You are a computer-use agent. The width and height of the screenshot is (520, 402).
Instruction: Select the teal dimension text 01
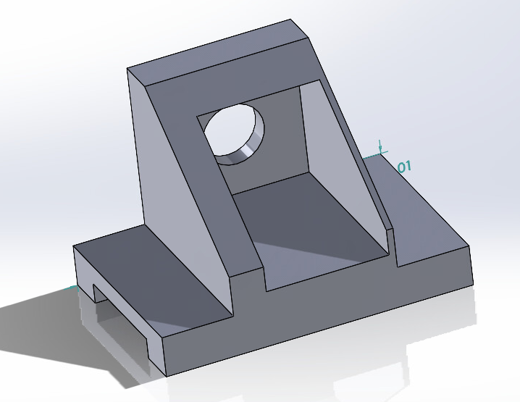[404, 167]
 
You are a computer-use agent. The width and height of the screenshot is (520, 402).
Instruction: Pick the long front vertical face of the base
[326, 319]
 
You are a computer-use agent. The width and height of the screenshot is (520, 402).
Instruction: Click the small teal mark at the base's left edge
[72, 288]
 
